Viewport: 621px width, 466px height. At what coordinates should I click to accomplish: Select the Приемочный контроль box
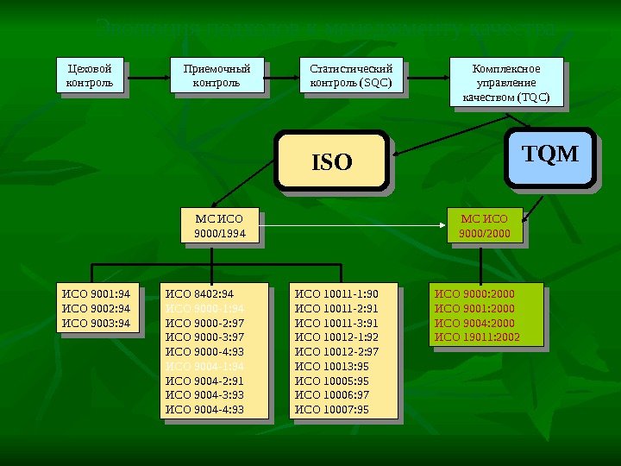[x=216, y=75]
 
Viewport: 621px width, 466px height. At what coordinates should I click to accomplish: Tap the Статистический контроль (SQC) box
[x=350, y=75]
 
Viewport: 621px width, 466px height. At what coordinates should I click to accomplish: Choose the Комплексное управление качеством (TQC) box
[x=505, y=83]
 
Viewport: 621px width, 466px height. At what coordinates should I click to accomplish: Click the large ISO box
[x=331, y=161]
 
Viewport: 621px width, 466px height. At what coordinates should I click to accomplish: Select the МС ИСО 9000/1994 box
[x=219, y=227]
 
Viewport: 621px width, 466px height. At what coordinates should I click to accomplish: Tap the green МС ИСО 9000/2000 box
[x=485, y=227]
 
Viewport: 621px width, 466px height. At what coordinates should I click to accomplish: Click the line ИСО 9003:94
[x=96, y=324]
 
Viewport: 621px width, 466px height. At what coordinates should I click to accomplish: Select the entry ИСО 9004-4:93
[x=205, y=409]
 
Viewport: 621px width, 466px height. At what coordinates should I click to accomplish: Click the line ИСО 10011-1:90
[x=337, y=294]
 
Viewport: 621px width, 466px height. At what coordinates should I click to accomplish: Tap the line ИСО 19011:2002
[x=478, y=337]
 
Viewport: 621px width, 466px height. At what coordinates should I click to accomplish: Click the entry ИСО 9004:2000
[x=474, y=323]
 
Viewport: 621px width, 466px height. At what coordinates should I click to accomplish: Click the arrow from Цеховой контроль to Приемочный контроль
[x=144, y=75]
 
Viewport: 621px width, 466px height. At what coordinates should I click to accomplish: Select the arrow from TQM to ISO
[x=448, y=156]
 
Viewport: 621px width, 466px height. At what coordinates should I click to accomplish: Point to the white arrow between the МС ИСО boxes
[x=354, y=227]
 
